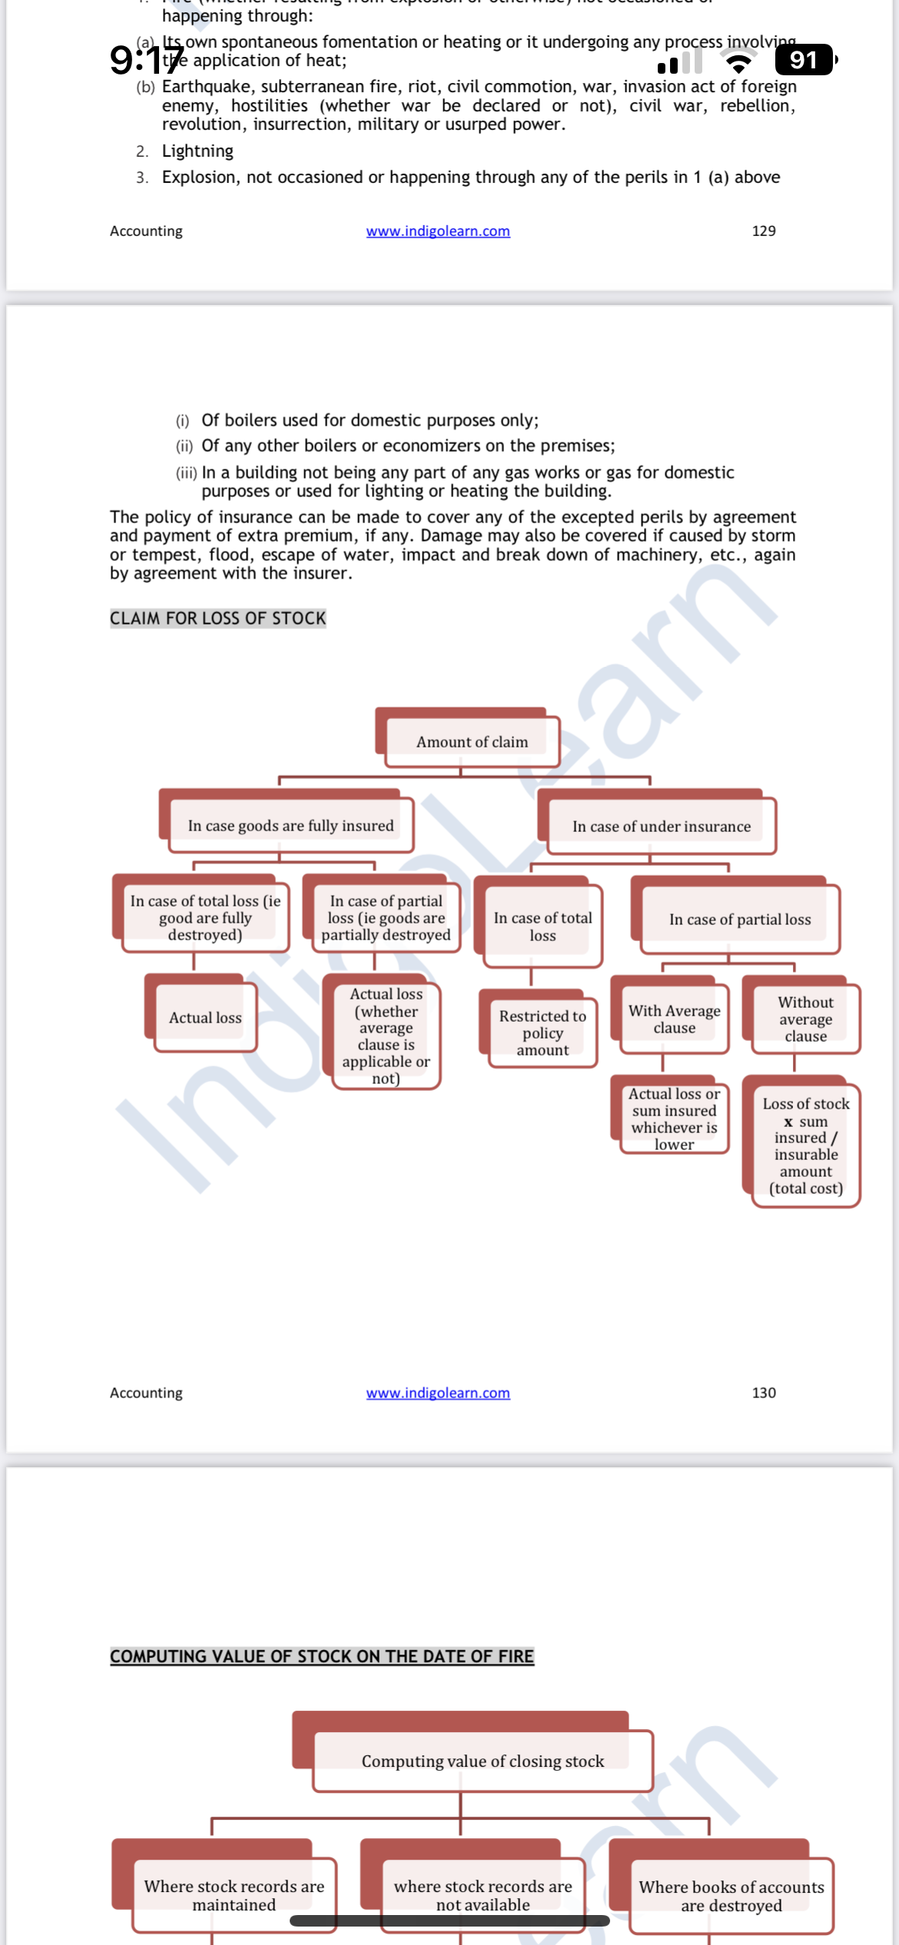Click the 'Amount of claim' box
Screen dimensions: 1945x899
pyautogui.click(x=472, y=742)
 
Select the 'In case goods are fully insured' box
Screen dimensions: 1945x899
pyautogui.click(x=290, y=827)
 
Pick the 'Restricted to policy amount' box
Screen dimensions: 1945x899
pyautogui.click(x=542, y=1033)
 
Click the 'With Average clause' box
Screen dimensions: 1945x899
pyautogui.click(x=674, y=1019)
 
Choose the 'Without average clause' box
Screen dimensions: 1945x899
pyautogui.click(x=805, y=1019)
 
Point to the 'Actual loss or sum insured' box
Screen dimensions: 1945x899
pyautogui.click(x=674, y=1118)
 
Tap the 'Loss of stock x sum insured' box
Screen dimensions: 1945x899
pyautogui.click(x=805, y=1145)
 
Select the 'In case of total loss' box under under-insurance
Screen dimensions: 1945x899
pyautogui.click(x=542, y=926)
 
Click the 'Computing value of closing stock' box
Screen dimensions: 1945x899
pyautogui.click(x=483, y=1761)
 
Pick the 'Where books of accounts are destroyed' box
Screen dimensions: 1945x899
pyautogui.click(x=731, y=1896)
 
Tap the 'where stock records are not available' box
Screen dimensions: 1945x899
pyautogui.click(x=483, y=1895)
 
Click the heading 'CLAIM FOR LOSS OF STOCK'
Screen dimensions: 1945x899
pyautogui.click(x=217, y=618)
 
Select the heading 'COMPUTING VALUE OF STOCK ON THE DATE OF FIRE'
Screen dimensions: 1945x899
pyautogui.click(x=321, y=1656)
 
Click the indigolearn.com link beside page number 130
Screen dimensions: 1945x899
pyautogui.click(x=438, y=1393)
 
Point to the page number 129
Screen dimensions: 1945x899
pyautogui.click(x=764, y=231)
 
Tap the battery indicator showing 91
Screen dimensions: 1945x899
pyautogui.click(x=804, y=60)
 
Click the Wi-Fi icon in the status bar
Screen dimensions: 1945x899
pyautogui.click(x=739, y=61)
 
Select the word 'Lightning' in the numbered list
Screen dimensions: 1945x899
pyautogui.click(x=197, y=151)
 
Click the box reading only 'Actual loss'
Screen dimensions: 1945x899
pyautogui.click(x=205, y=1018)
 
